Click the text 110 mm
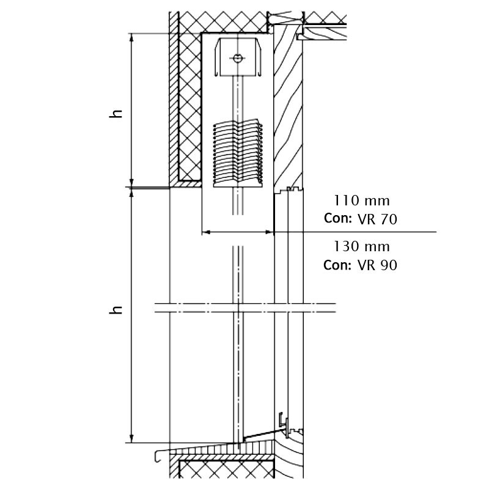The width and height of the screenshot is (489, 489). click(x=361, y=200)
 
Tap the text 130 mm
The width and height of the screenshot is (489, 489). click(x=361, y=247)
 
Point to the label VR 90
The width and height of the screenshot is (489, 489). click(x=378, y=265)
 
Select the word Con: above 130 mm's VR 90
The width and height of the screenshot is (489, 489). click(x=337, y=265)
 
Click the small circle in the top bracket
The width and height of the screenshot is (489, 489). click(x=237, y=59)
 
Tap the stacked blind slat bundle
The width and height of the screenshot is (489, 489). click(x=238, y=153)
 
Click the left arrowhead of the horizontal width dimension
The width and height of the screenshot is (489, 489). click(x=205, y=232)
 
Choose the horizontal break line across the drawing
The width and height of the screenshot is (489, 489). click(x=244, y=307)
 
